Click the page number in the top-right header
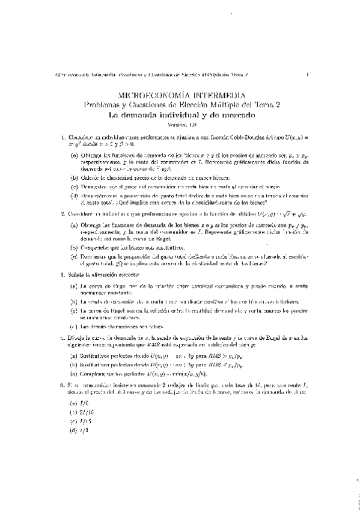click(x=307, y=75)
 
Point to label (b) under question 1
click(x=74, y=177)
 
